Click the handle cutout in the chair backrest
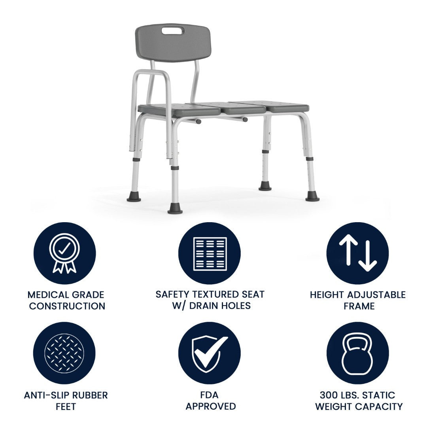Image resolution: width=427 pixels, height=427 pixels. (173, 31)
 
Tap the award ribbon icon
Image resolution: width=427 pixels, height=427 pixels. (64, 253)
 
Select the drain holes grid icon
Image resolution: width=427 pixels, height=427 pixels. (210, 254)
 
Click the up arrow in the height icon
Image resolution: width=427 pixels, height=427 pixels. (348, 249)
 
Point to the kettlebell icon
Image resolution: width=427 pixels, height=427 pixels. (357, 354)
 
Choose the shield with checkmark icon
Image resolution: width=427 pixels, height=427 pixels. (209, 353)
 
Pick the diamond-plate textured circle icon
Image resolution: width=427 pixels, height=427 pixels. (64, 353)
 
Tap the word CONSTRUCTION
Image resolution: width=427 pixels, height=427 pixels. (67, 306)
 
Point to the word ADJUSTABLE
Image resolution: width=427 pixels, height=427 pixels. (377, 295)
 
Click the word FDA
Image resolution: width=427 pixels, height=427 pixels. (209, 395)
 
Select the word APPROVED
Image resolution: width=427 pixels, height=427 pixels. (210, 406)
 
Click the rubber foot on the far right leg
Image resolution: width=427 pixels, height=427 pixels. (312, 196)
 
